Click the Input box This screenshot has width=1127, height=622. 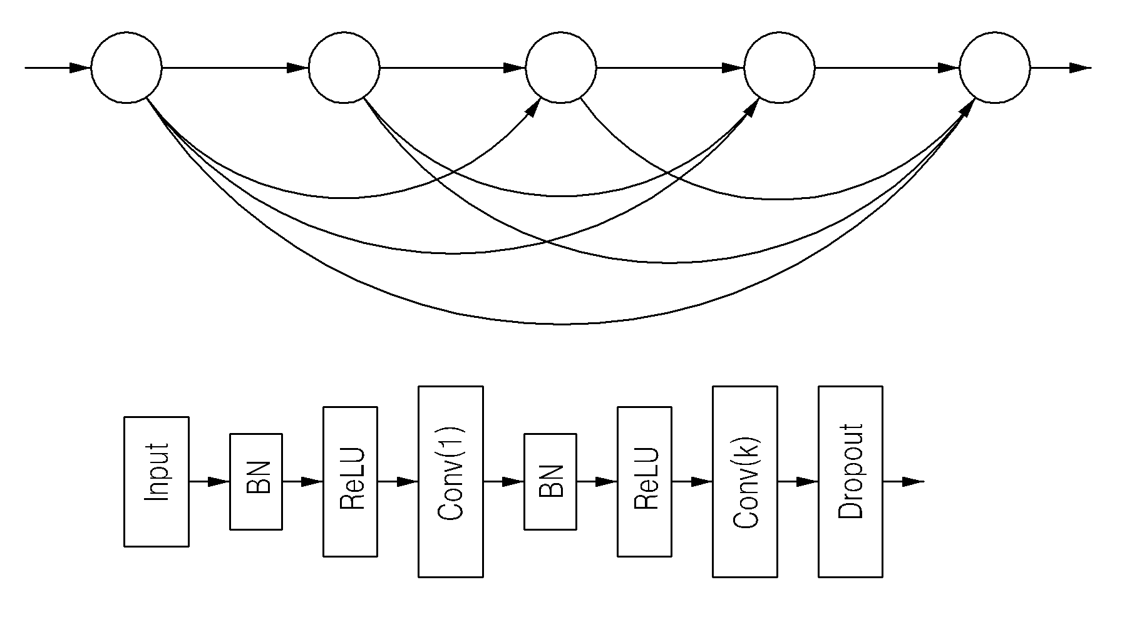157,481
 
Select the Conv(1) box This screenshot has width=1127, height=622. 451,481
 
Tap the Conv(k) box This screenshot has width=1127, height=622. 745,481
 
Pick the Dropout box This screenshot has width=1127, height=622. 851,481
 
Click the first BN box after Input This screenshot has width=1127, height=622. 256,481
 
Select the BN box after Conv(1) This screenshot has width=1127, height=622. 550,481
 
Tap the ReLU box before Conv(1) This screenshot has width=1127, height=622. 351,481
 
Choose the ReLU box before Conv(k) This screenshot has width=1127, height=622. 645,481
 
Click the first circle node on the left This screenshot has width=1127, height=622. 126,68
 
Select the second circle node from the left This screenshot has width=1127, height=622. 344,68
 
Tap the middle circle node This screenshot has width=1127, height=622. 561,68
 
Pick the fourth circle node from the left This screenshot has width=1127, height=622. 779,68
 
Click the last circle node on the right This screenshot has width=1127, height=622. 995,68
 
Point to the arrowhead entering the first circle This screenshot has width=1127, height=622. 80,68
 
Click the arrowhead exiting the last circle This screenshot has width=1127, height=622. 1080,68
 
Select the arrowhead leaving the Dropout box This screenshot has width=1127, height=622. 913,482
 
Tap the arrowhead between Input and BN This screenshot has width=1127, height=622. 219,482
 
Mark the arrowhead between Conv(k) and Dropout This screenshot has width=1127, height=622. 807,482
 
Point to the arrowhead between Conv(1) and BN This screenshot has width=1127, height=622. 513,482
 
